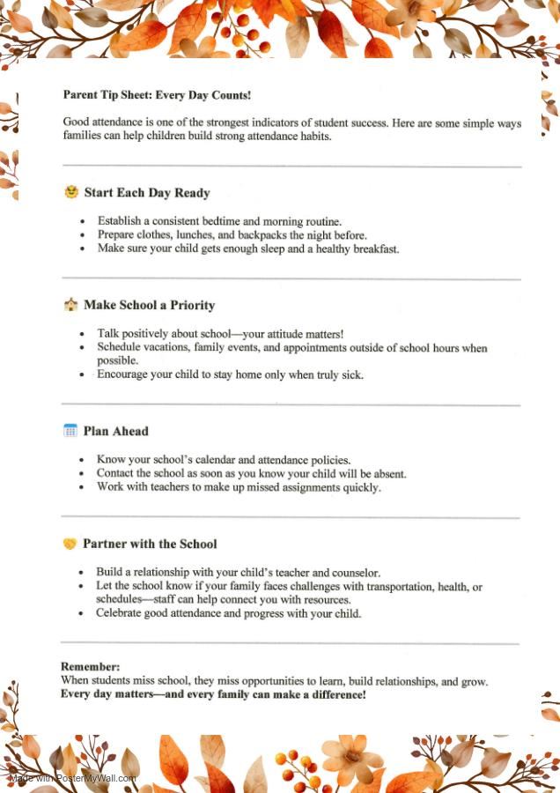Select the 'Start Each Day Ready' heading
click(146, 193)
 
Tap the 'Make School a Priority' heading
click(149, 306)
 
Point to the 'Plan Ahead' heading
click(115, 432)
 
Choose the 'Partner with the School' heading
click(150, 545)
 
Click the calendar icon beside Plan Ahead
click(70, 431)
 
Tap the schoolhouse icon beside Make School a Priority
click(70, 305)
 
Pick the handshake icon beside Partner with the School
click(70, 544)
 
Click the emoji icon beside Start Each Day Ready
click(71, 192)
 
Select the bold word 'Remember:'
click(90, 667)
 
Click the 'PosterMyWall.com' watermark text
click(96, 778)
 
